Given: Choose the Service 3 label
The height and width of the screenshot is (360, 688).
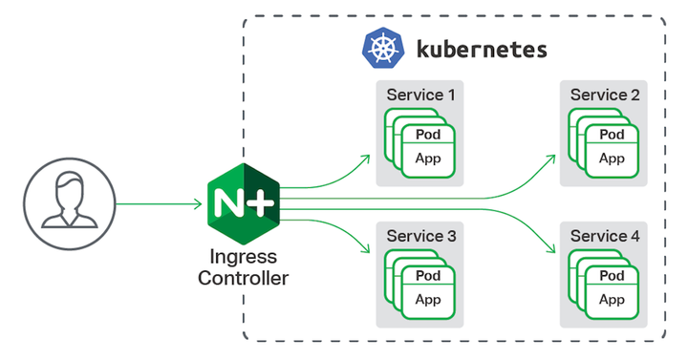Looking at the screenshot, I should click(420, 235).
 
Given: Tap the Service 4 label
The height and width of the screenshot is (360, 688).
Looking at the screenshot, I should click(605, 235).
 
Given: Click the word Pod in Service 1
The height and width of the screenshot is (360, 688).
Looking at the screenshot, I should click(428, 135).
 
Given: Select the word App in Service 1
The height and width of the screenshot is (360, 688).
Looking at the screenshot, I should click(428, 158).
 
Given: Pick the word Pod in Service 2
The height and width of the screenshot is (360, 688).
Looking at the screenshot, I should click(612, 135).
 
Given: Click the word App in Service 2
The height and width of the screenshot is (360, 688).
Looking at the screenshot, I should click(612, 158).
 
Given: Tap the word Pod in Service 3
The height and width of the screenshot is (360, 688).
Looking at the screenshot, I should click(428, 276).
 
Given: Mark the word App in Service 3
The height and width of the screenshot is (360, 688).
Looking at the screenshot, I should click(428, 299).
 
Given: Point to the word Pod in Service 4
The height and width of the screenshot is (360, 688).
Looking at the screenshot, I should click(612, 276).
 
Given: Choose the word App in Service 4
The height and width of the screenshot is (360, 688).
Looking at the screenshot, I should click(612, 299).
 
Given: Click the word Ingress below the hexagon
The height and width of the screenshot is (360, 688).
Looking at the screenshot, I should click(243, 258).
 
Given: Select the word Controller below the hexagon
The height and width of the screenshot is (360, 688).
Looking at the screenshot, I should click(243, 279).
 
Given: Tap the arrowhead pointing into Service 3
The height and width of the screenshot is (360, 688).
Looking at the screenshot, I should click(366, 250).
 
